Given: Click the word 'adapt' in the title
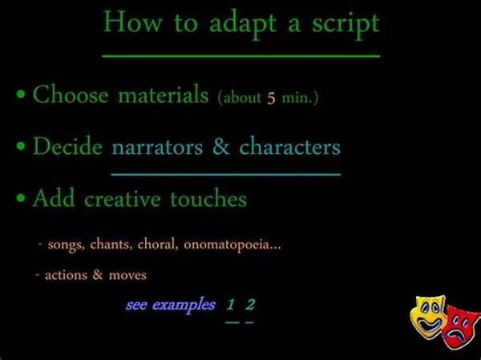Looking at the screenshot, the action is pos(243,25).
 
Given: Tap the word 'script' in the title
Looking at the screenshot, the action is pos(346,25).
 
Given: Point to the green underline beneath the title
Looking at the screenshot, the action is pos(241,56).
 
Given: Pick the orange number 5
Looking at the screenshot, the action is pos(271,98).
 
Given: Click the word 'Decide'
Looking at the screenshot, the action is pos(67,146).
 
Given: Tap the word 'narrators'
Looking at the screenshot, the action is pos(157,148).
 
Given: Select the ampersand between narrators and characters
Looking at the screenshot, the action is pos(221,146).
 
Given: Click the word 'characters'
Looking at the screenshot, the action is pos(290,146).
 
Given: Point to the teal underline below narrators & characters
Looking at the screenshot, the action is pos(226,174).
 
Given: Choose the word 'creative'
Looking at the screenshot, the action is pos(122,198).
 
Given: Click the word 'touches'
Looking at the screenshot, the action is pos(208,198).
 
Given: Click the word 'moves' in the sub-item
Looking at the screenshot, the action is pos(127,275).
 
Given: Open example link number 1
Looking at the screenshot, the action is pos(231,305).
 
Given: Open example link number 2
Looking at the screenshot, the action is pos(250,305).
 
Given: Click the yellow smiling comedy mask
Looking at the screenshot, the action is pos(428,317).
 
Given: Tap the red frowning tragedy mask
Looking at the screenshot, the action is pos(462,327).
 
